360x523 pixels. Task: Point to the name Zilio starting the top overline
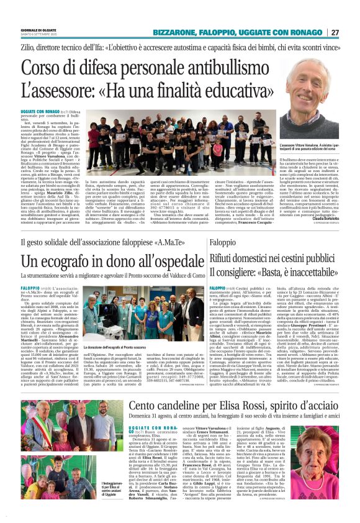coord(28,46)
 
